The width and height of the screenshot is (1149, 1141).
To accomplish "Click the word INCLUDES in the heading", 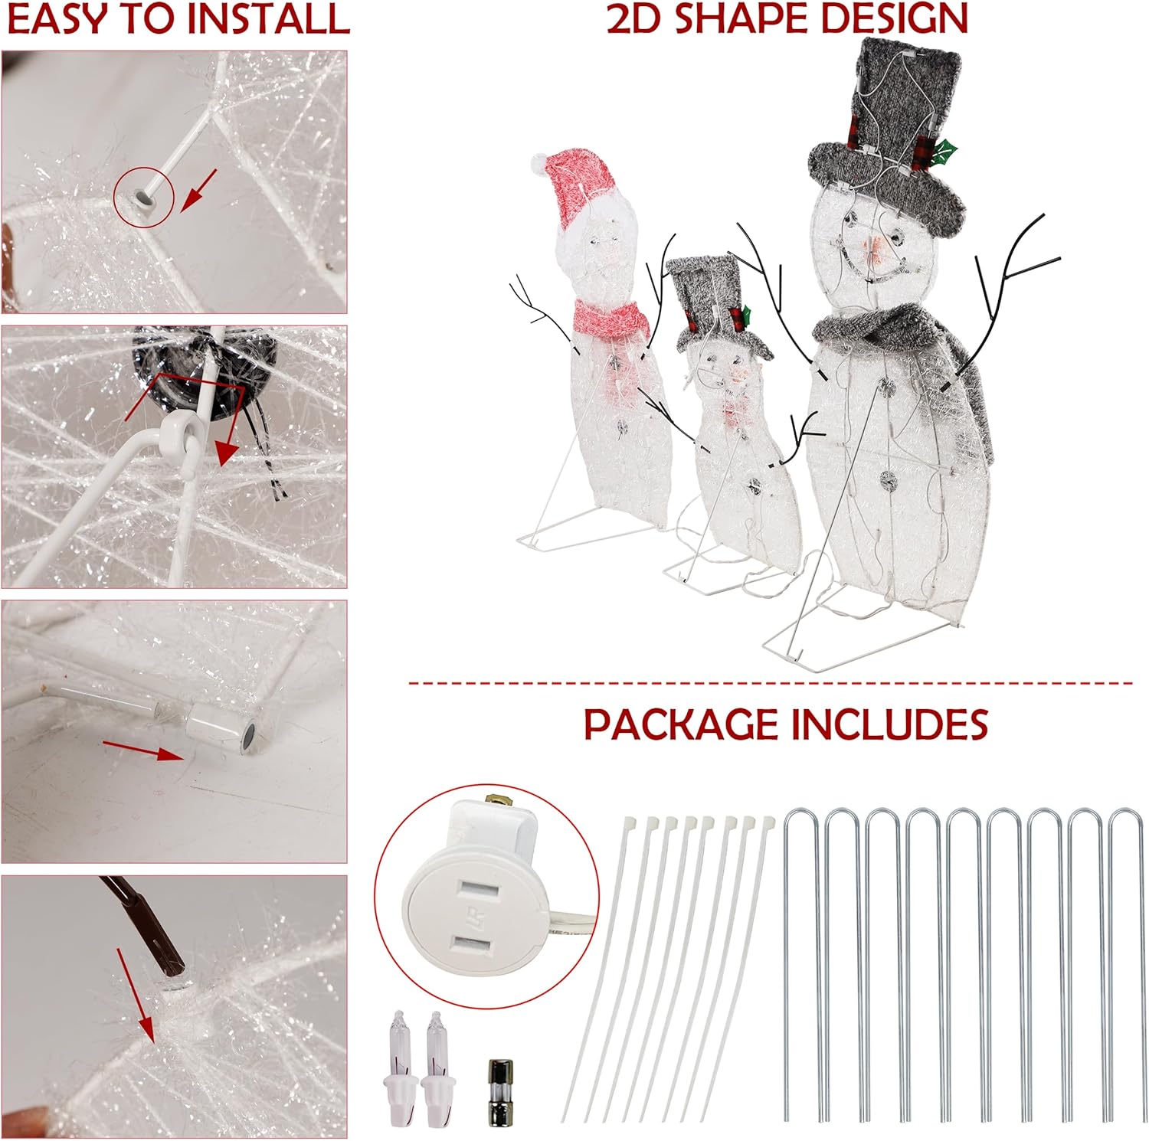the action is pos(889,724).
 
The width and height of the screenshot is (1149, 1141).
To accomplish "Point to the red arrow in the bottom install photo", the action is pos(136,996).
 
